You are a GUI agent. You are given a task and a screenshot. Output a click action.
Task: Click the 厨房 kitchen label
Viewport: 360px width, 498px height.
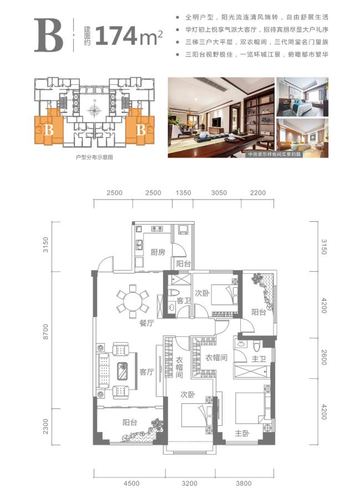point(158,252)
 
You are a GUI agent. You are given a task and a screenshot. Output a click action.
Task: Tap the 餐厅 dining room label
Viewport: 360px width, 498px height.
point(146,323)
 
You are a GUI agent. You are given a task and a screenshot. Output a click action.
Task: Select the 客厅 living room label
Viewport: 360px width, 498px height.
point(146,372)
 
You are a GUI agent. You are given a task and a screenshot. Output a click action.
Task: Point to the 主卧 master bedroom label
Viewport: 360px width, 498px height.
point(242,433)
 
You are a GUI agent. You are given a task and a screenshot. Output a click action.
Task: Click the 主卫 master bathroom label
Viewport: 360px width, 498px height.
point(258,359)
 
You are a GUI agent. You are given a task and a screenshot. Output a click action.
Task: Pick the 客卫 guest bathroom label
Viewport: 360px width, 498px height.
point(184,301)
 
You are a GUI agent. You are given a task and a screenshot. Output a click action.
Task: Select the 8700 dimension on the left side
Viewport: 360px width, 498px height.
point(45,332)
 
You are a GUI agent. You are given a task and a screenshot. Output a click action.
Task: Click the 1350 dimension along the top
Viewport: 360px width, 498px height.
point(184,193)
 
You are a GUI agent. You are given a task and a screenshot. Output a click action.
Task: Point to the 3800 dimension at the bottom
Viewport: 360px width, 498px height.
point(244,484)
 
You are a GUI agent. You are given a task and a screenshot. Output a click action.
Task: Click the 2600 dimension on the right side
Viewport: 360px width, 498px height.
point(324,357)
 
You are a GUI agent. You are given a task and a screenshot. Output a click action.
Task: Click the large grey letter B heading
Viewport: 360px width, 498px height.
point(49,35)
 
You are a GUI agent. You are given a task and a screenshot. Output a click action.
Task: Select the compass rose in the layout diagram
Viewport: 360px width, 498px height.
point(94,109)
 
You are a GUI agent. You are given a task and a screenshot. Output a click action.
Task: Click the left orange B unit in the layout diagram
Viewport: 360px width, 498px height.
point(49,127)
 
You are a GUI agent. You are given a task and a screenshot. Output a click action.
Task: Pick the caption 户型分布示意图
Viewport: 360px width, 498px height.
point(95,157)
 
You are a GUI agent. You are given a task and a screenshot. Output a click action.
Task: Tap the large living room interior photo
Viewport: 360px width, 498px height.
point(221,117)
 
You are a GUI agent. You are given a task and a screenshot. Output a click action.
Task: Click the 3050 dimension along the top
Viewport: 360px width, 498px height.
point(219,193)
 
